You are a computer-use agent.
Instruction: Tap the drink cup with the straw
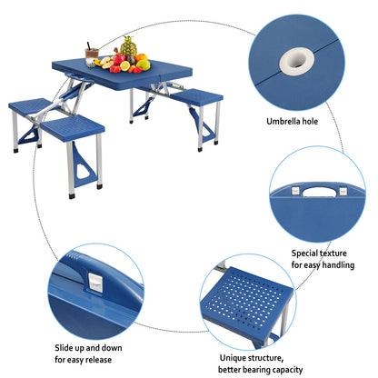92,55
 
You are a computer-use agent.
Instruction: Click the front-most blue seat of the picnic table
73,128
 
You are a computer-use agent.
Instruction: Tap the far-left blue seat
29,106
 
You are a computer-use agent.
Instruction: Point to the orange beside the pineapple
141,59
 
